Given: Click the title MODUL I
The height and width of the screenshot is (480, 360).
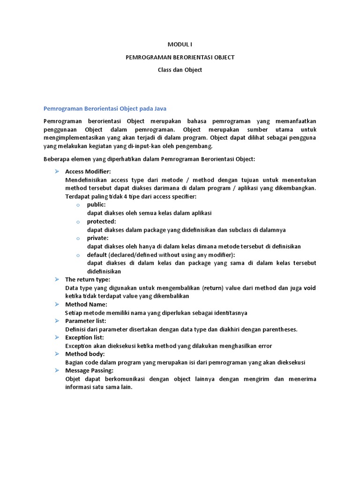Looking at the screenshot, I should coord(180,45).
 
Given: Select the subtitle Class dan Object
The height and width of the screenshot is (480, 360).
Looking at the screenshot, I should coord(180,70).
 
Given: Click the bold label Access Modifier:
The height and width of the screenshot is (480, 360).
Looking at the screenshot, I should coord(88,172).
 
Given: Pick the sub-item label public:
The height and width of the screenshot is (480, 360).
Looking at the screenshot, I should coord(96,204).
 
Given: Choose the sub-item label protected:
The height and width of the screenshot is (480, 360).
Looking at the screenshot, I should coord(101,221).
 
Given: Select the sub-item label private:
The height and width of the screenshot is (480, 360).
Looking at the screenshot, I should coord(97,238).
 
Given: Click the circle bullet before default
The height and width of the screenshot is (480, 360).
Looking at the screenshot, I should coord(78,255).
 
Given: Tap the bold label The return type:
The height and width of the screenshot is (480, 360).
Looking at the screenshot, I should coord(88,279).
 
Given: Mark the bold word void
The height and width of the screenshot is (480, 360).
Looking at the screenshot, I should coord(310,288).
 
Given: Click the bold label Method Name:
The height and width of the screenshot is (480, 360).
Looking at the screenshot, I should coord(86,304).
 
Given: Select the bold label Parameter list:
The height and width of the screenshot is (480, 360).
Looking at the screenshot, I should coord(85,321).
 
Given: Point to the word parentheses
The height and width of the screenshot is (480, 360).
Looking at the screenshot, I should coord(276,329).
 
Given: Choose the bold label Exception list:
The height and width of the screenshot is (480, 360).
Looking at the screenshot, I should coord(84,337).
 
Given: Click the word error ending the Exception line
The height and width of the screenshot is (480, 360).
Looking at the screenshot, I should coord(264,346).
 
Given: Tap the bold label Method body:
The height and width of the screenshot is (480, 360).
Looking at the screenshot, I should coord(85,354).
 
